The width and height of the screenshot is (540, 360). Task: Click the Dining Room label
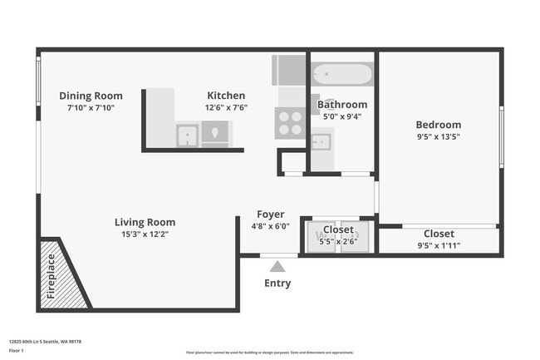click(91, 96)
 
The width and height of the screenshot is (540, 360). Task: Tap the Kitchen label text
click(226, 96)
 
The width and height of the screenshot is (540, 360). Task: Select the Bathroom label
click(341, 105)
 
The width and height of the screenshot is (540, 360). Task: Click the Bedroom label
click(438, 125)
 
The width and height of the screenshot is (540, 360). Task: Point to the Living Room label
click(145, 222)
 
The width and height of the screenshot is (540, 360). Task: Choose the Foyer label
click(271, 214)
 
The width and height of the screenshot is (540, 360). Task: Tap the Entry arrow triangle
click(277, 266)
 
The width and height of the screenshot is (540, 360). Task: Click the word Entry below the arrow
click(277, 284)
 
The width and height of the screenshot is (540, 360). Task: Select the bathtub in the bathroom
click(342, 74)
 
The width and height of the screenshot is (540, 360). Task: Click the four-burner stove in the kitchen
click(290, 124)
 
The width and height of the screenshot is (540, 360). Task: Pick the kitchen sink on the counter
click(187, 133)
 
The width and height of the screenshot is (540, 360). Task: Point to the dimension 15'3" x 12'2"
click(145, 234)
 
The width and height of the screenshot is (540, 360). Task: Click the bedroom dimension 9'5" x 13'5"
click(438, 137)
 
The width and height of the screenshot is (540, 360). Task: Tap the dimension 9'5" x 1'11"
click(438, 245)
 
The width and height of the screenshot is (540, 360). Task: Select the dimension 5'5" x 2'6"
click(338, 241)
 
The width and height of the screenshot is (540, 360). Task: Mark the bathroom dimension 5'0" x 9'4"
click(341, 117)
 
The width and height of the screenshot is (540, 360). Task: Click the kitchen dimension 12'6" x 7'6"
click(226, 107)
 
